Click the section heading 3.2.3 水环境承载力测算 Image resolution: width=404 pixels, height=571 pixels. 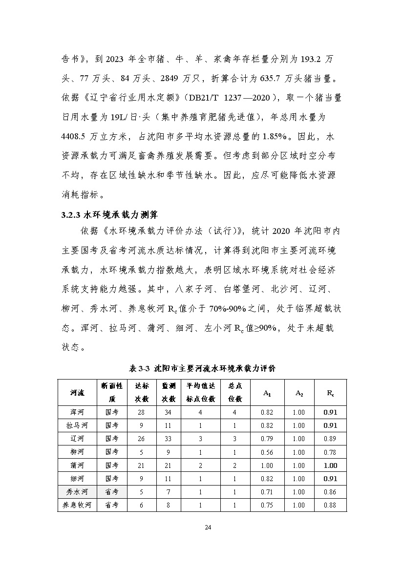[108, 214]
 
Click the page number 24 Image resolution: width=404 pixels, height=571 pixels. [202, 528]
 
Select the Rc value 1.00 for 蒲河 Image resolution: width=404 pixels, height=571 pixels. [330, 465]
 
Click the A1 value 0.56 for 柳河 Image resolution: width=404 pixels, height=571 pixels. [267, 452]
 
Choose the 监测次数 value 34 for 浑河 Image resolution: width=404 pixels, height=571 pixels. [167, 412]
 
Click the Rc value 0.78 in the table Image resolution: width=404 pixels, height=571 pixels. [330, 452]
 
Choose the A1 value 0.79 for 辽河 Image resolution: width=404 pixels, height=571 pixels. [267, 439]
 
